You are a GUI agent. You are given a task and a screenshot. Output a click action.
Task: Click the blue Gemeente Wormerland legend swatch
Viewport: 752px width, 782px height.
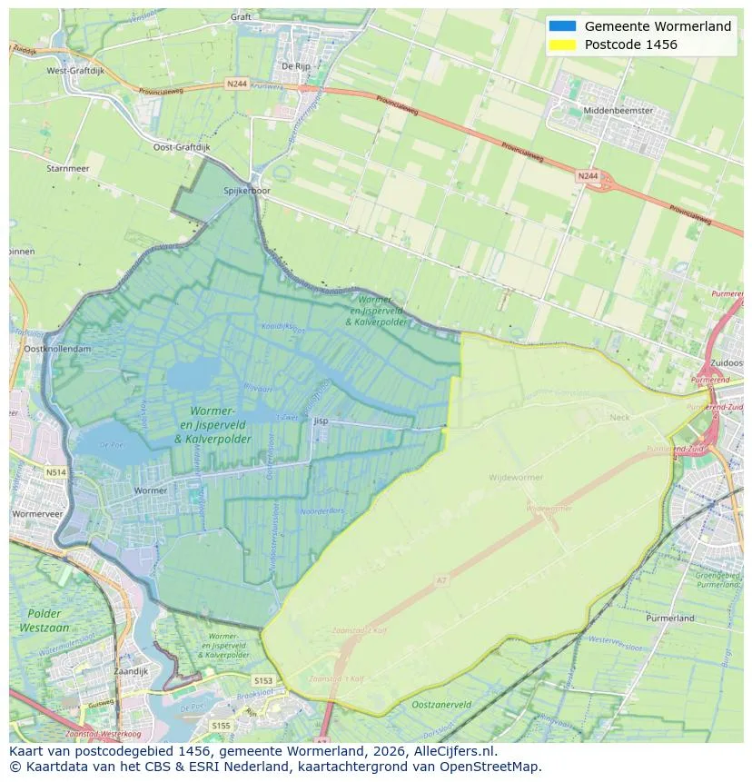[x=563, y=26]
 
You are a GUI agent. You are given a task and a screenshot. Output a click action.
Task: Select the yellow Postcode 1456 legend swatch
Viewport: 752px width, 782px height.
[x=563, y=45]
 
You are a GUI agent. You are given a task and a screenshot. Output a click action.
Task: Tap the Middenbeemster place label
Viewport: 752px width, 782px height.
[x=620, y=110]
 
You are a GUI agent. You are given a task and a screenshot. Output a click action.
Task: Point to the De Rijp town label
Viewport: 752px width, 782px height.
[x=297, y=66]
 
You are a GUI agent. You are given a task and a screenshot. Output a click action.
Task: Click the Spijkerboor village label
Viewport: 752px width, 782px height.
[x=247, y=192]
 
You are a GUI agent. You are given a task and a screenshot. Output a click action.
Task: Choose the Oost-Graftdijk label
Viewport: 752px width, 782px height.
[x=182, y=147]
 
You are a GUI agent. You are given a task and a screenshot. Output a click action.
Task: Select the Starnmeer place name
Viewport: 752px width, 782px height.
[x=68, y=168]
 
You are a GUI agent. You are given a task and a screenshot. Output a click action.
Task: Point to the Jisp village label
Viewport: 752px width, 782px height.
[x=321, y=421]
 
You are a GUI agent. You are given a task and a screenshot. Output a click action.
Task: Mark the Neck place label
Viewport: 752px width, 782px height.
[x=619, y=417]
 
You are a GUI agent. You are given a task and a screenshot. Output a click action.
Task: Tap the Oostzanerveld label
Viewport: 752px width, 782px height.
[x=441, y=704]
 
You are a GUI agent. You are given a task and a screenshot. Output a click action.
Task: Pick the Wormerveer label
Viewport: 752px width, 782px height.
[x=35, y=513]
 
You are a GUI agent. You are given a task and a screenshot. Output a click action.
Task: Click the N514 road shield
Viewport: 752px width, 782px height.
[x=56, y=472]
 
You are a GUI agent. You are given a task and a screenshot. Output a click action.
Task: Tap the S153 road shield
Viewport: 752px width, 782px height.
[x=263, y=680]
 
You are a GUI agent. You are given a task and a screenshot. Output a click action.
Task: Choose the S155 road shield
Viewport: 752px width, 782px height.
[x=220, y=726]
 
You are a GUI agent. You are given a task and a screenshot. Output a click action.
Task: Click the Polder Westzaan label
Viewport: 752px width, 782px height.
[x=45, y=620]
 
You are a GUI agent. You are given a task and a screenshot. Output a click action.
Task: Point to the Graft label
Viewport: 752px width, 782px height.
[x=241, y=16]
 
